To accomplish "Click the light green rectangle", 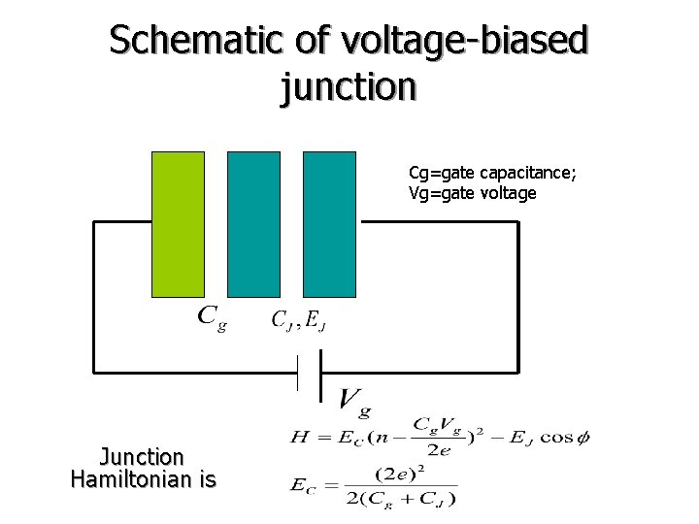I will [x=179, y=223].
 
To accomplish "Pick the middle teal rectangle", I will [x=253, y=223].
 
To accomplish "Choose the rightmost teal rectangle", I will [x=329, y=223].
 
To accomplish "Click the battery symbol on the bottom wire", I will [x=309, y=371].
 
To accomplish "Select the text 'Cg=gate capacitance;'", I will [x=492, y=173].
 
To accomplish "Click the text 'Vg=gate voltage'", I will [x=472, y=193].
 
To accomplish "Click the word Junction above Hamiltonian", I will [x=142, y=456].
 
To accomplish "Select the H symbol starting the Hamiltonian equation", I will [x=299, y=438].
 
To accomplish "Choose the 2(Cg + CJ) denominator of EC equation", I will [x=399, y=499].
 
